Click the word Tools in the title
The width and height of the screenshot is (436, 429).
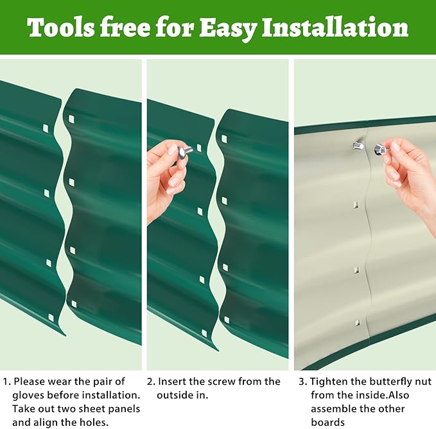click(x=60, y=28)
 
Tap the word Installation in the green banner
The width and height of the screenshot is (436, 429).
click(x=335, y=27)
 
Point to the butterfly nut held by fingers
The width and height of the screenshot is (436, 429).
click(x=380, y=150)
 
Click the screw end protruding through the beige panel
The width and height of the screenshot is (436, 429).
click(x=358, y=146)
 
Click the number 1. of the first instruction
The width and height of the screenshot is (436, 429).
click(x=6, y=381)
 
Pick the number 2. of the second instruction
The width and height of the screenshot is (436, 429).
click(x=152, y=381)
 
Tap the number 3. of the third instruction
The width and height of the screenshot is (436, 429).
click(x=303, y=381)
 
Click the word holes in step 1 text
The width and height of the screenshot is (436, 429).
click(x=94, y=423)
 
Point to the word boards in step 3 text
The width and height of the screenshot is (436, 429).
click(x=327, y=423)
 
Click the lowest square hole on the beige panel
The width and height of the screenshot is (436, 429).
click(x=357, y=323)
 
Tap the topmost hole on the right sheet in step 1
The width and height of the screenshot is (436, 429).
click(x=71, y=119)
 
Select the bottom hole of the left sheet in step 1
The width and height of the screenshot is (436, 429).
click(x=51, y=317)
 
